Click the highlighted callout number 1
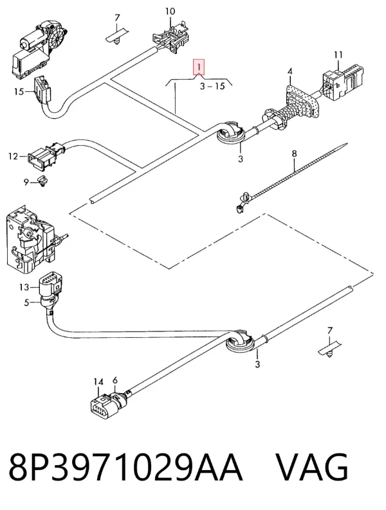click(x=199, y=67)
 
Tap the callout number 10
click(x=170, y=12)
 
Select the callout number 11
click(x=338, y=55)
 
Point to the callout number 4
click(x=289, y=71)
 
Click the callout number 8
click(x=294, y=154)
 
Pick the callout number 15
click(x=19, y=92)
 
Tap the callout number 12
click(x=13, y=157)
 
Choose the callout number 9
click(x=26, y=182)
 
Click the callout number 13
click(x=24, y=287)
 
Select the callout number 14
click(x=98, y=382)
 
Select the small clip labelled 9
click(x=42, y=181)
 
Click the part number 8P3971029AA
click(x=125, y=467)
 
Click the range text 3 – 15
click(x=212, y=86)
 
